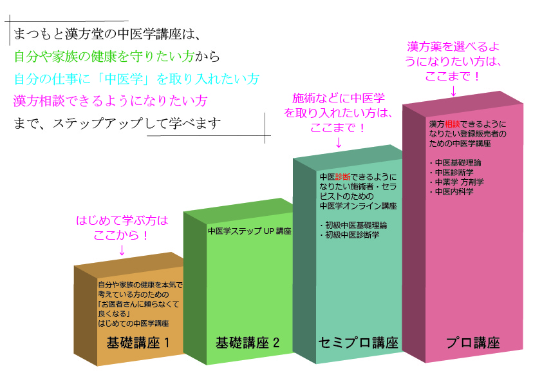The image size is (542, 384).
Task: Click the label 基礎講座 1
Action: point(138,343)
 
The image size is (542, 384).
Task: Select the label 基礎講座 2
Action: point(247,343)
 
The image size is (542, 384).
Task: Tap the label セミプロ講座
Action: point(359,343)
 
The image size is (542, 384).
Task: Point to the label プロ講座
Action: point(473,343)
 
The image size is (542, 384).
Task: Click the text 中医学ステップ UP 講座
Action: point(250,231)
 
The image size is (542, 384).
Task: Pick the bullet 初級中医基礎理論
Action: point(353,226)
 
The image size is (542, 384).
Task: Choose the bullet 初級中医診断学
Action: point(350,235)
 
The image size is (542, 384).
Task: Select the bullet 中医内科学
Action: point(451,191)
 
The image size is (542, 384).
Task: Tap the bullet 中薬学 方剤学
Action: point(456,182)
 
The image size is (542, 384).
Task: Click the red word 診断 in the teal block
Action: point(342,177)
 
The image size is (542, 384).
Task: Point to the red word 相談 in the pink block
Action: point(452,124)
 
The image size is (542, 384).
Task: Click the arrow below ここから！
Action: point(122,250)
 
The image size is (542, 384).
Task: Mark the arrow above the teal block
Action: point(339,142)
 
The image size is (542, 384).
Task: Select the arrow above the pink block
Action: point(454,91)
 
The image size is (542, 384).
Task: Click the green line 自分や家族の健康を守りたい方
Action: point(104,56)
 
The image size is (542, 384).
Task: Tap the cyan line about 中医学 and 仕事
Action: point(136,79)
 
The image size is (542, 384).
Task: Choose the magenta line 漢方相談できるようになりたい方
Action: point(110,101)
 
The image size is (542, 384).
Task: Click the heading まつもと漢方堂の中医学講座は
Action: point(107,34)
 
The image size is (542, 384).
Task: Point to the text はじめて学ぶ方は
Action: point(122,220)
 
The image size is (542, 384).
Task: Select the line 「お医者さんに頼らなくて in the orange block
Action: point(138,304)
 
